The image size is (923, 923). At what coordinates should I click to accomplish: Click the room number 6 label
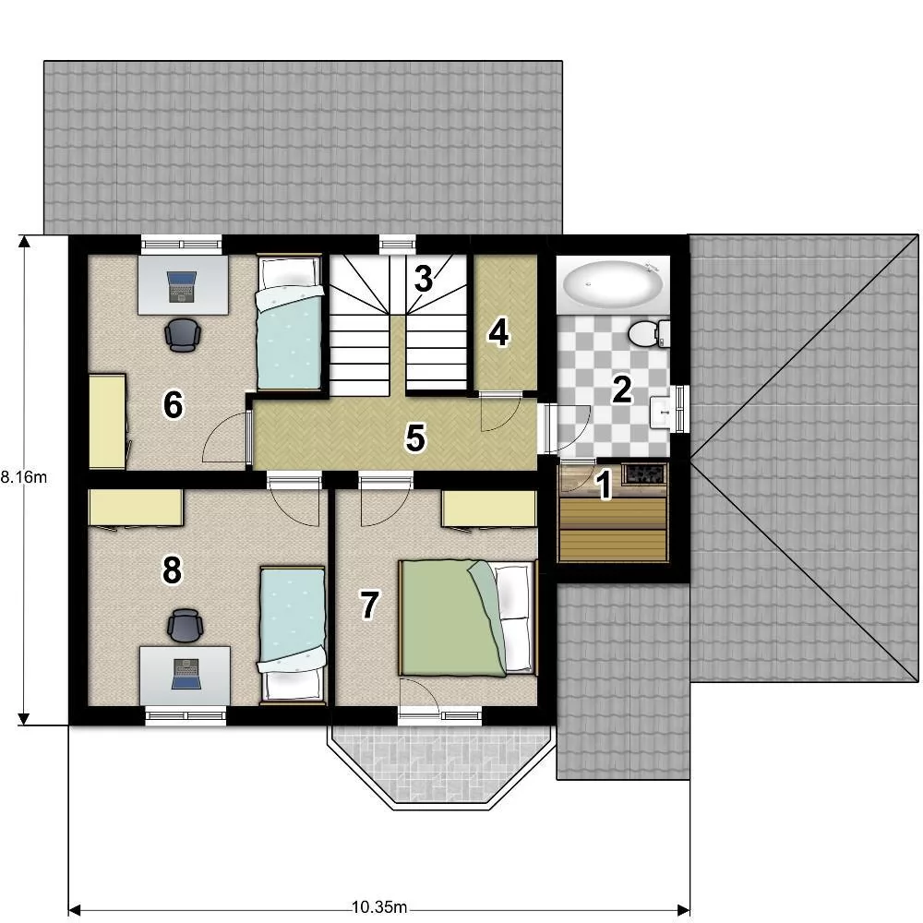click(174, 405)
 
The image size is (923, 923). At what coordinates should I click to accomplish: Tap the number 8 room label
click(172, 569)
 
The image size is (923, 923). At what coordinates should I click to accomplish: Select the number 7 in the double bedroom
click(369, 605)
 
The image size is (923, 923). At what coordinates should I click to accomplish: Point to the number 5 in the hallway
click(415, 438)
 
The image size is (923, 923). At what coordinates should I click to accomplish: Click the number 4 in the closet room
click(498, 333)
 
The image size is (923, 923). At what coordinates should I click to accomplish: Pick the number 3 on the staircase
click(424, 279)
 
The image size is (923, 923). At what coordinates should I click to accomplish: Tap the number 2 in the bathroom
click(622, 390)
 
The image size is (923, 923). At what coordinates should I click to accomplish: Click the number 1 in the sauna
click(604, 485)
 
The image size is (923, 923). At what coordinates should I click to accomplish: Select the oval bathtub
click(613, 285)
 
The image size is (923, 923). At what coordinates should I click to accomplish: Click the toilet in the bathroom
click(649, 334)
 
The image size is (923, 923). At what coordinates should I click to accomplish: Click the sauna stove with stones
click(645, 474)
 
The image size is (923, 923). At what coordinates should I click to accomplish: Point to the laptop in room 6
click(181, 287)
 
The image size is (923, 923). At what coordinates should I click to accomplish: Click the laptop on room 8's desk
click(186, 674)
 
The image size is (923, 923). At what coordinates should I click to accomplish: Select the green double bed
click(469, 617)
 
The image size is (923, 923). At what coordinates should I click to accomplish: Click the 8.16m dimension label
click(24, 477)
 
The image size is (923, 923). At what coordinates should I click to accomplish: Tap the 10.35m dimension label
click(379, 907)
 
